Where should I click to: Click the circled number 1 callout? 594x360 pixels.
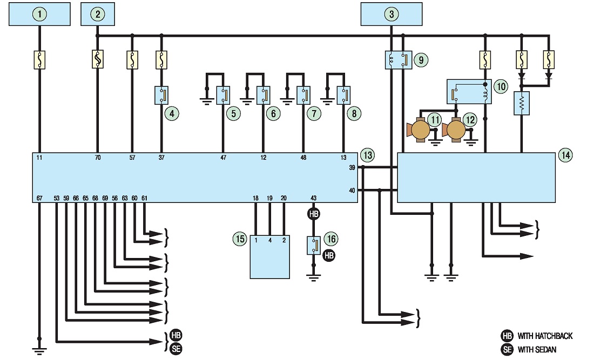point(39,15)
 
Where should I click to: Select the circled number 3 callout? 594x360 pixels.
point(391,15)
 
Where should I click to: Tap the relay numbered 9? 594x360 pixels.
point(399,60)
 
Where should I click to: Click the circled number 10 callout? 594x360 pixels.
point(501,87)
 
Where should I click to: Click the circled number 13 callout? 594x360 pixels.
point(367,155)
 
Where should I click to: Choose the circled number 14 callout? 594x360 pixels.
point(565,155)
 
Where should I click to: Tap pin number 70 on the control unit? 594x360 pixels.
point(98,158)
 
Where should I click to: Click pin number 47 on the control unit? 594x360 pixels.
point(223,158)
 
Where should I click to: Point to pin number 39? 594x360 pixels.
point(352,168)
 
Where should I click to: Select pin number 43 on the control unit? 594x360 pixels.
point(313,198)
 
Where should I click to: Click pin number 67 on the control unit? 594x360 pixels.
point(39,198)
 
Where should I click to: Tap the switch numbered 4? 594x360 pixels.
point(162,96)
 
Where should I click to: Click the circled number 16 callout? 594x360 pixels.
point(331,239)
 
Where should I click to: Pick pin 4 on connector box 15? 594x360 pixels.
point(269,240)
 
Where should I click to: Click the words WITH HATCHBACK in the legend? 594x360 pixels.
point(545,336)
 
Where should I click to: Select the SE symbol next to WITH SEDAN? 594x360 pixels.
point(507,349)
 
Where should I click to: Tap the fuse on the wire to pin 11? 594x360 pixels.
point(39,60)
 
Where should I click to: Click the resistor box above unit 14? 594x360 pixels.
point(522,103)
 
